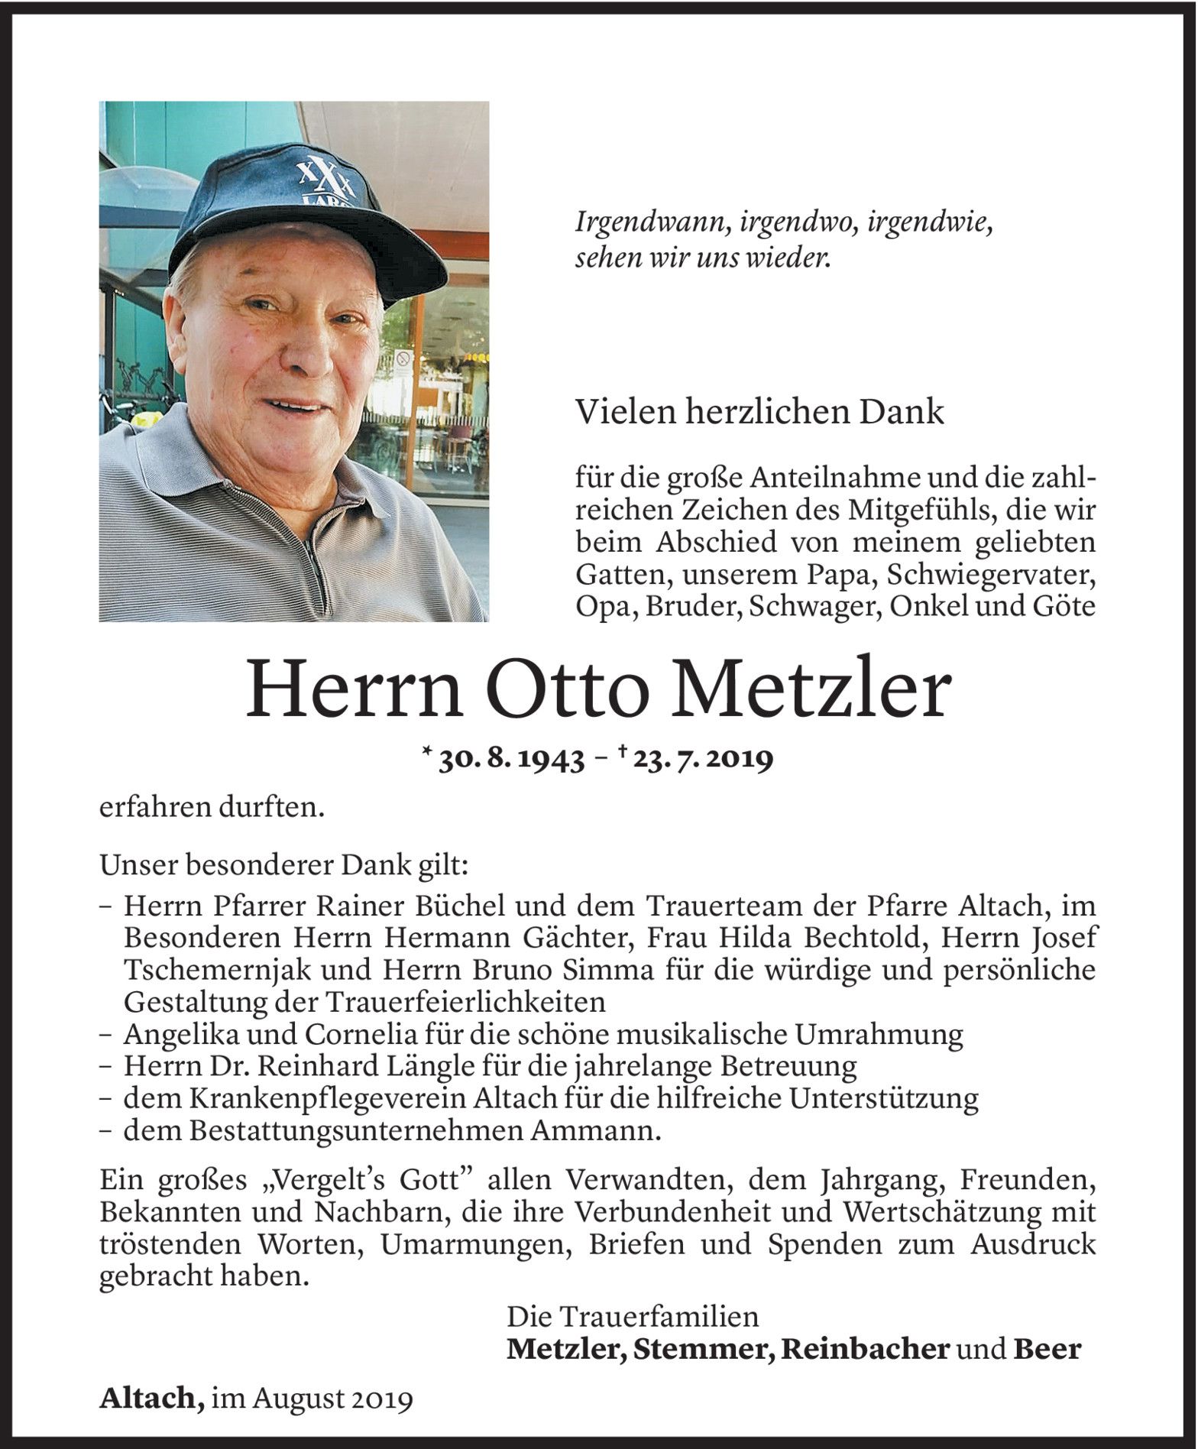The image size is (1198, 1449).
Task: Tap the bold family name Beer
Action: tap(1047, 1349)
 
